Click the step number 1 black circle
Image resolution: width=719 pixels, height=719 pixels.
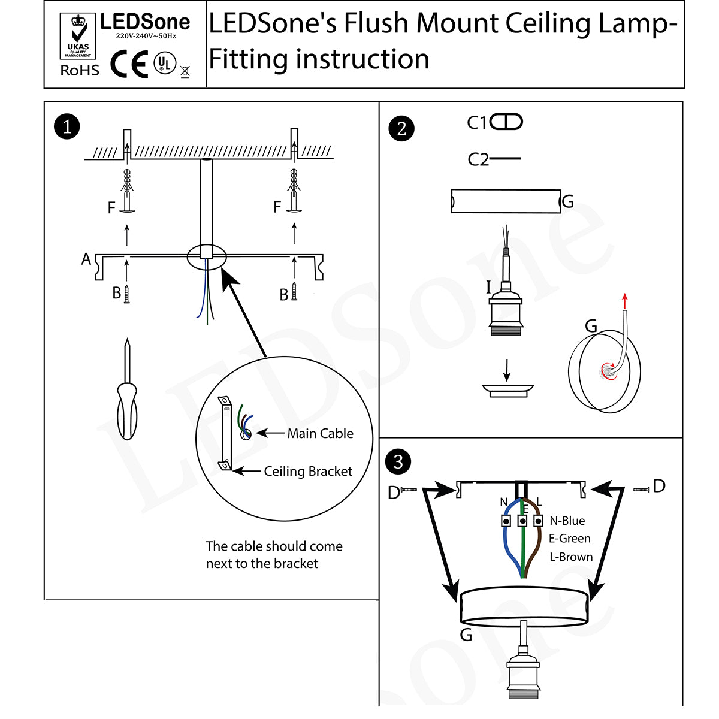coord(67,127)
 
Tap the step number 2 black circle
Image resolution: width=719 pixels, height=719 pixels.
coord(401,128)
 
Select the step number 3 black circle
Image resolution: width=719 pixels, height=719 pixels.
coord(398,462)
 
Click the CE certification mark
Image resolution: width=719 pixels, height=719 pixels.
coord(129,64)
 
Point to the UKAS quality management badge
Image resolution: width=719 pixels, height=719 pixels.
coord(78,37)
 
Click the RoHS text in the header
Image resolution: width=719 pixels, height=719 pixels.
coord(80,71)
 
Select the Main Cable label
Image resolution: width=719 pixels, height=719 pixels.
coord(320,433)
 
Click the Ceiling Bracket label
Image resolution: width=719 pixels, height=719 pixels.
coord(308,472)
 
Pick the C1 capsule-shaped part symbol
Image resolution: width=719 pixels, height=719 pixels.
coord(506,122)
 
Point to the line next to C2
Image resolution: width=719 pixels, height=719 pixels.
coord(505,159)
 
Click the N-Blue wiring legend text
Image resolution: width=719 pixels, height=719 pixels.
coord(567,521)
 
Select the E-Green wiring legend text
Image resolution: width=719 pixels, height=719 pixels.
coord(569,539)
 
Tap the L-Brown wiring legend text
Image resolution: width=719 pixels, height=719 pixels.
coord(571,557)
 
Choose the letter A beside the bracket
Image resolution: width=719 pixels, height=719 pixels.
coord(86,259)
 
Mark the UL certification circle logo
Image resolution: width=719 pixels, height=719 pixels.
coord(164,63)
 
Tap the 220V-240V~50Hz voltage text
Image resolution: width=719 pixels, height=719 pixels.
coord(146,36)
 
